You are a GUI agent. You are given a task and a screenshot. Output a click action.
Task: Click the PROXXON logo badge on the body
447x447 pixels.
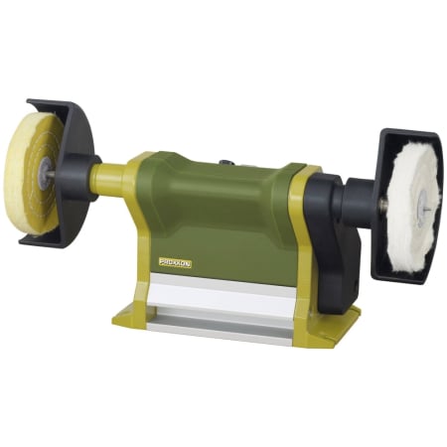coord(175,262)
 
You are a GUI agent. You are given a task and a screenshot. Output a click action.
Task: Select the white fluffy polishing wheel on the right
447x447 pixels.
coord(410,208)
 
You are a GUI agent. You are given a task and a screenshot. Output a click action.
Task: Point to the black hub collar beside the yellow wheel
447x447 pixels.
coord(77,176)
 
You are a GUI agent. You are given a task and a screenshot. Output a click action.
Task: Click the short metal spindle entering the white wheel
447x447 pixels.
coord(381,206)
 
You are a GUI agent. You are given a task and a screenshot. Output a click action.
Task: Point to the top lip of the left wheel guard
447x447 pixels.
coord(50,104)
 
